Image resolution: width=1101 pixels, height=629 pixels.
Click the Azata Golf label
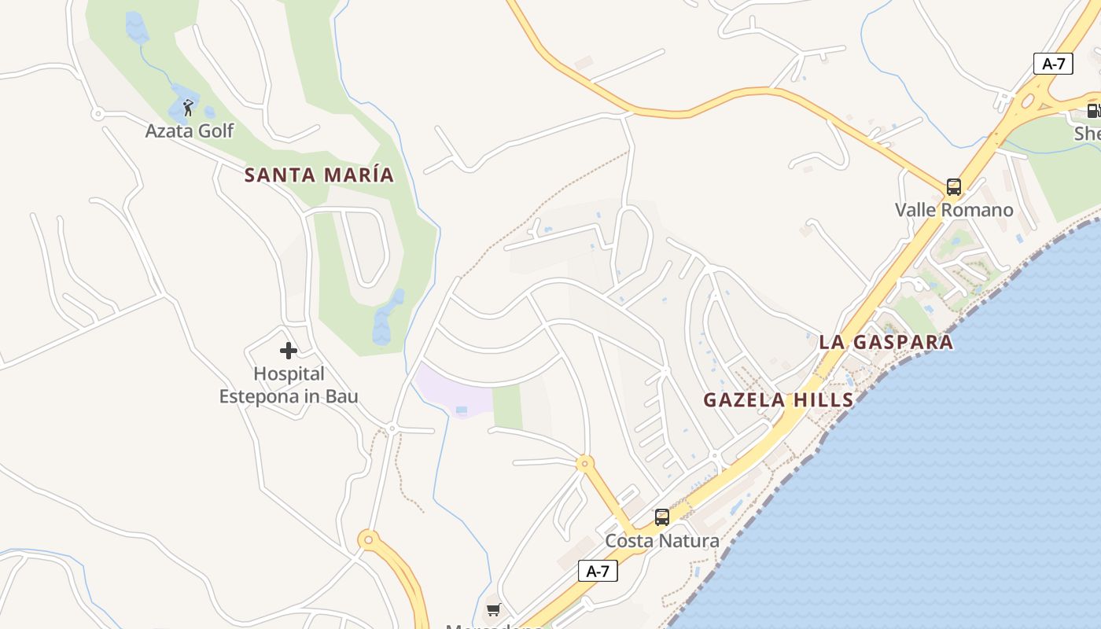tap(190, 131)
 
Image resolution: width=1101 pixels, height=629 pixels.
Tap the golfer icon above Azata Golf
tap(188, 108)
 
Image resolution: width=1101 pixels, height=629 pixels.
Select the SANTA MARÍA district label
tap(319, 175)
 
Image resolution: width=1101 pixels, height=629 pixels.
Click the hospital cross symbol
tap(289, 351)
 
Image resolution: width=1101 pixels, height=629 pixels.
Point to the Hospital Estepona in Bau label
tap(289, 385)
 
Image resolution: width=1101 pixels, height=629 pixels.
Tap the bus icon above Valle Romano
tap(954, 187)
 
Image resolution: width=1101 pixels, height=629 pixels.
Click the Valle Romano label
tap(954, 210)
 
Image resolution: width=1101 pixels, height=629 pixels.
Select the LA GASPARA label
tap(886, 342)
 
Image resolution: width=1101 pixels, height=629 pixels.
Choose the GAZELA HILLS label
tap(778, 399)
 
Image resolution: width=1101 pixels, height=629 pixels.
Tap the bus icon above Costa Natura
tap(662, 517)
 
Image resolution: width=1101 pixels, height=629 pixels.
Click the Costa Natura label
tap(661, 541)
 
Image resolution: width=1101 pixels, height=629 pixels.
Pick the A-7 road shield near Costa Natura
tap(598, 571)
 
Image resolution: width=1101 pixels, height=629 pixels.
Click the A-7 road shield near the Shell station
tap(1053, 64)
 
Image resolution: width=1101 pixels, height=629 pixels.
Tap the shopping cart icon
tap(494, 609)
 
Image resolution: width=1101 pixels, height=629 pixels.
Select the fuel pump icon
tap(1093, 111)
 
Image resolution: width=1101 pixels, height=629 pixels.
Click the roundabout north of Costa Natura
tap(584, 463)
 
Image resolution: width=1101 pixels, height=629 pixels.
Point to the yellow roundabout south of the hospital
tap(368, 539)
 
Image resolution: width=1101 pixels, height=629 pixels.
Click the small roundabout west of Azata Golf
tap(98, 114)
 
